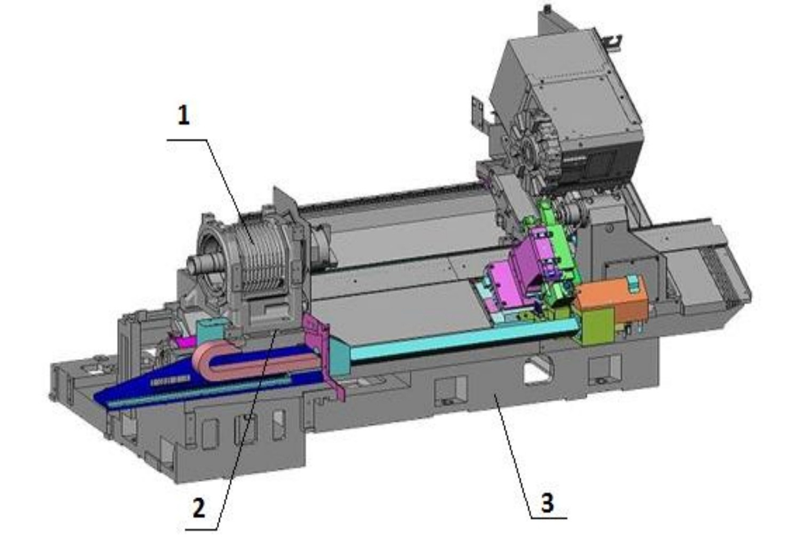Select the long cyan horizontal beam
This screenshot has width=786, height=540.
463,343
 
